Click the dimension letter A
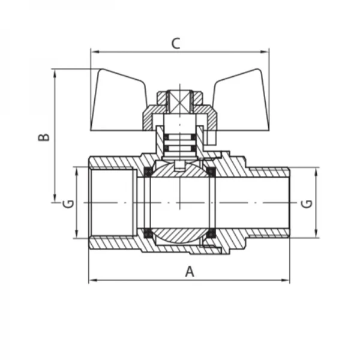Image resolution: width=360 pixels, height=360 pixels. [x=190, y=272]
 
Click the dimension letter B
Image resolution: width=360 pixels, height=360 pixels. [x=44, y=137]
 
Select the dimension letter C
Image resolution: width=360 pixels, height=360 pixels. [x=176, y=43]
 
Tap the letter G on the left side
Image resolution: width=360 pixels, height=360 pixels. [x=68, y=203]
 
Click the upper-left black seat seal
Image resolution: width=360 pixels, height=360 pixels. [x=146, y=173]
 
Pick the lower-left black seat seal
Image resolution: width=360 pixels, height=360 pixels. [x=146, y=233]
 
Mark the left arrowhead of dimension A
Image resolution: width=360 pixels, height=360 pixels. [x=92, y=280]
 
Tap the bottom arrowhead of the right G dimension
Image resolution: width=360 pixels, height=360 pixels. [x=316, y=235]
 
